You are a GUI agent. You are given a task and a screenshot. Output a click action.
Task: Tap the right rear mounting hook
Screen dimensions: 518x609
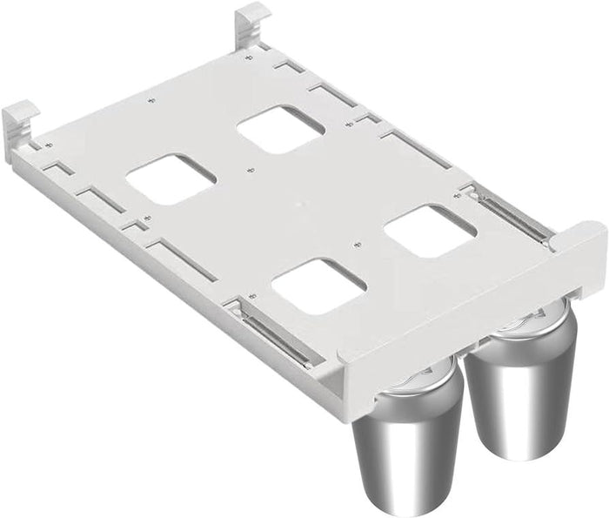pyautogui.click(x=253, y=18)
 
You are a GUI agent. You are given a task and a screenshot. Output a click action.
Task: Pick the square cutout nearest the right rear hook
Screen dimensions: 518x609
pyautogui.click(x=280, y=129)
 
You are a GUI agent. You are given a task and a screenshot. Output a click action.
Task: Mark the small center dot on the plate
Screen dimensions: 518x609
pyautogui.click(x=299, y=206)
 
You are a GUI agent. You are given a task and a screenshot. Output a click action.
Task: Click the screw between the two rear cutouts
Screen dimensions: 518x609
pyautogui.click(x=251, y=171)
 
